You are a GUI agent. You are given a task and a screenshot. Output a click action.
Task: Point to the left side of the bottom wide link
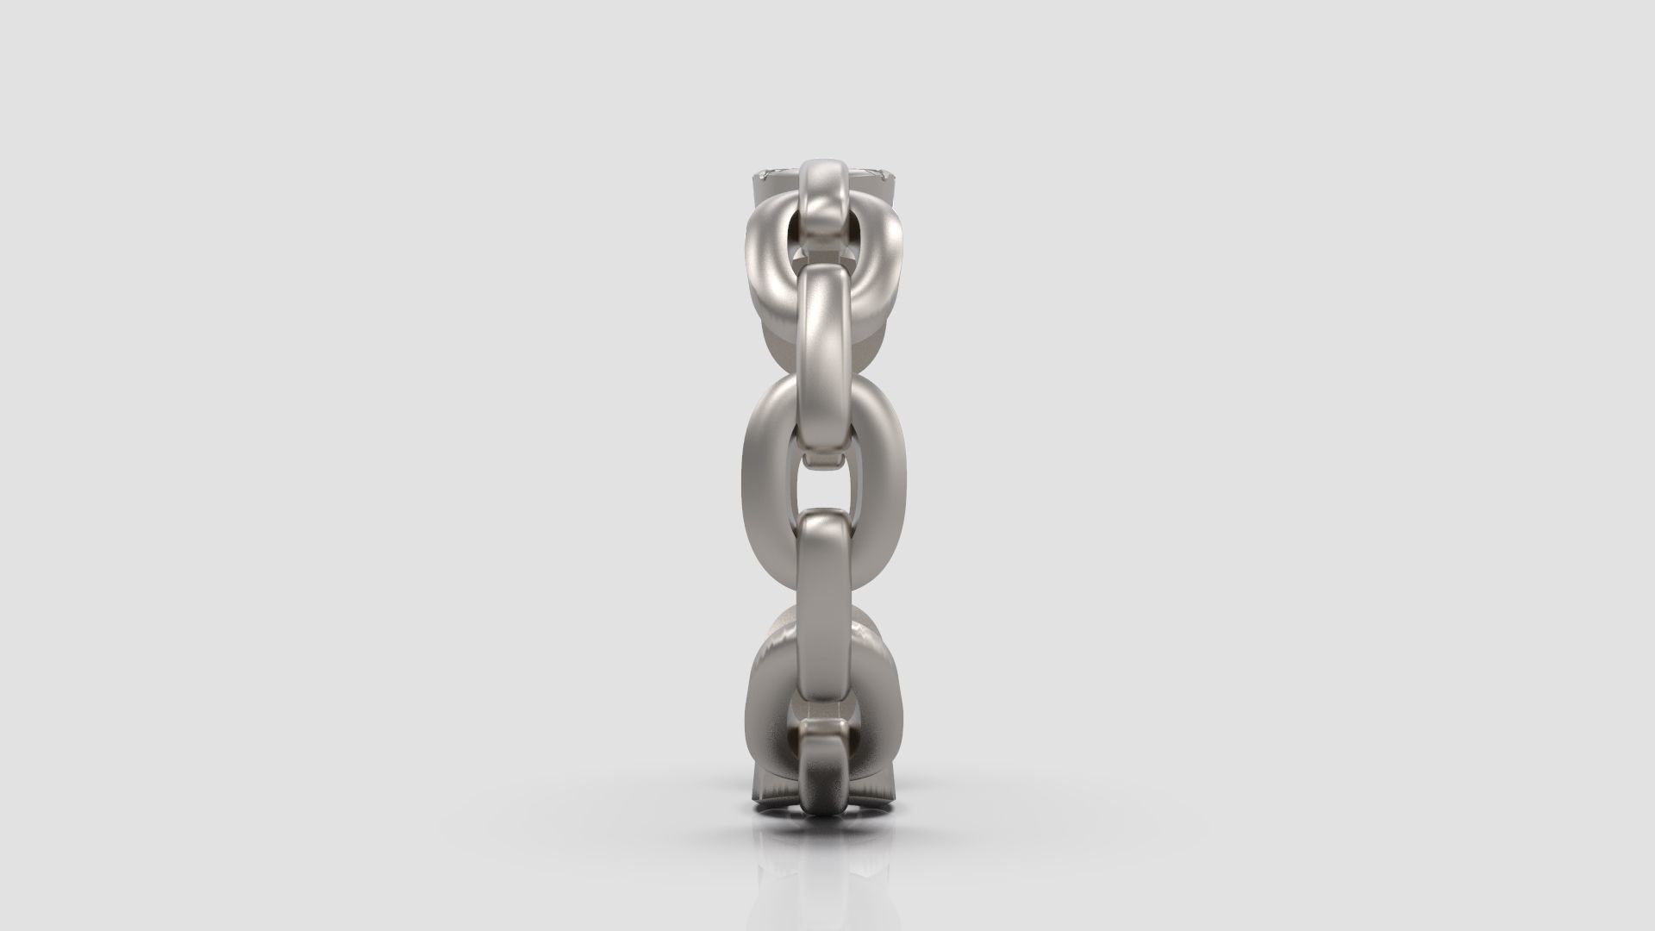pyautogui.click(x=764, y=690)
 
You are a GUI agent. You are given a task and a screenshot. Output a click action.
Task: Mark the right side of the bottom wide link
pyautogui.click(x=888, y=690)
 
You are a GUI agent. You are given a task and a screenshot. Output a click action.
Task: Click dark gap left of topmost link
pyautogui.click(x=793, y=237)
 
